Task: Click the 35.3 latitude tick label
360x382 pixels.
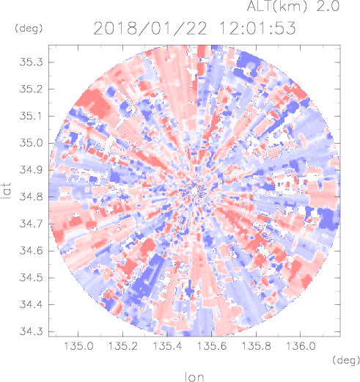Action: pos(31,62)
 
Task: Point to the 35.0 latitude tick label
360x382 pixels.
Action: pos(31,143)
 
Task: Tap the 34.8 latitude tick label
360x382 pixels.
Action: pos(31,196)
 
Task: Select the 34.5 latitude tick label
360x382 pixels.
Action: pos(31,278)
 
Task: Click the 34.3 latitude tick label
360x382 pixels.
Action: pos(31,331)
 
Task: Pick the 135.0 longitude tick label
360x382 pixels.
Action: pos(78,346)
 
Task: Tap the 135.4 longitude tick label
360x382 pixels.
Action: pos(167,346)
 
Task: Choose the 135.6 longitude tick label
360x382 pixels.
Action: pos(212,346)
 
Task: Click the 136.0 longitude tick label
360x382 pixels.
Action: pos(301,346)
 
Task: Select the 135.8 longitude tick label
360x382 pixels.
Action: pos(257,346)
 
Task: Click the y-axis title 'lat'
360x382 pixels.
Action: pos(6,191)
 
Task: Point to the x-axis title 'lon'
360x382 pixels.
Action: pos(194,377)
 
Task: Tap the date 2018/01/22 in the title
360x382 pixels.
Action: pos(150,28)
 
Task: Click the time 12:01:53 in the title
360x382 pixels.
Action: pos(257,28)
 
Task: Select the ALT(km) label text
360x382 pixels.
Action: pos(276,6)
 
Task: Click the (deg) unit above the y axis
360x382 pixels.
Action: pos(29,29)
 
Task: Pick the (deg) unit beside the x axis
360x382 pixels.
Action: pos(346,360)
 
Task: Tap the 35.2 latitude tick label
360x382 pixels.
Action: pos(31,89)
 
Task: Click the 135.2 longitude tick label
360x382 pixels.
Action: pos(123,346)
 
